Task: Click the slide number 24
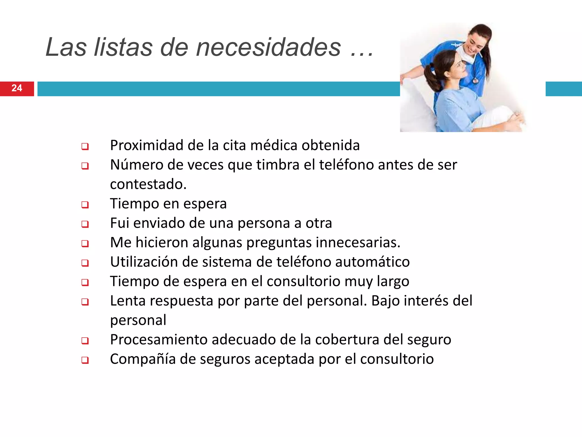[x=17, y=88]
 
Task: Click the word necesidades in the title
[x=268, y=48]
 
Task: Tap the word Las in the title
[x=66, y=48]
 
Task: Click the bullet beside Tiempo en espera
[x=85, y=205]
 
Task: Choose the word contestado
[x=148, y=184]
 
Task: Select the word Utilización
[x=144, y=262]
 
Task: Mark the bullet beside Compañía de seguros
[x=85, y=360]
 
